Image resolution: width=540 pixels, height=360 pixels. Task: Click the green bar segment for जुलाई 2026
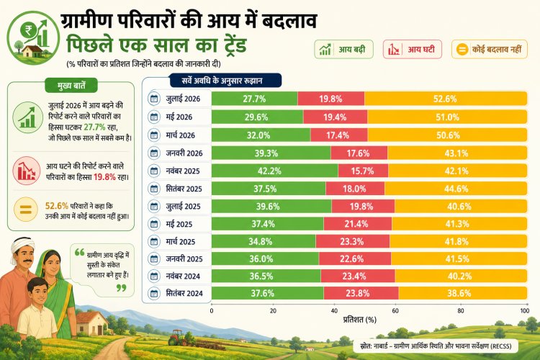254,99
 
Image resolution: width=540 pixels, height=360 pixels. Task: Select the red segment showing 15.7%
363,171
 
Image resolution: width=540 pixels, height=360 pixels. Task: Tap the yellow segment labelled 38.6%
462,293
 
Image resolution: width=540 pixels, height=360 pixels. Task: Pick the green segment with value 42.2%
275,171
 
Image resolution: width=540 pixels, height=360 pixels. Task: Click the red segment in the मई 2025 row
357,224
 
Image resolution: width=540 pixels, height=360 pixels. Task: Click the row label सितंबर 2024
184,293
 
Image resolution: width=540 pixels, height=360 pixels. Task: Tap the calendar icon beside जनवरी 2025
154,258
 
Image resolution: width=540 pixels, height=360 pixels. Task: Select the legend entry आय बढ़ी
343,49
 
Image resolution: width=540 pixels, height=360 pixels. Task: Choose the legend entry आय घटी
413,49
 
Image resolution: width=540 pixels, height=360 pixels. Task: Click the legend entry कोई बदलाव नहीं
490,49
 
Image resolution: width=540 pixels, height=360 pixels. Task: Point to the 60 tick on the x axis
395,311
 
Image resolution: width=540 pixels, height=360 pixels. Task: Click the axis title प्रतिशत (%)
359,320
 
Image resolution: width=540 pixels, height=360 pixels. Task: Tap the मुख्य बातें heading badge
71,86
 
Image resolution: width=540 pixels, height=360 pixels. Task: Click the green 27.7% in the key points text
94,127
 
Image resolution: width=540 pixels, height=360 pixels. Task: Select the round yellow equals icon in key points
26,209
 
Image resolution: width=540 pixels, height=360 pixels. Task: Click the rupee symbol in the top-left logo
27,30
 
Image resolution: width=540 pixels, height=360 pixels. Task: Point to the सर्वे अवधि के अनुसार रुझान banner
225,81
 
